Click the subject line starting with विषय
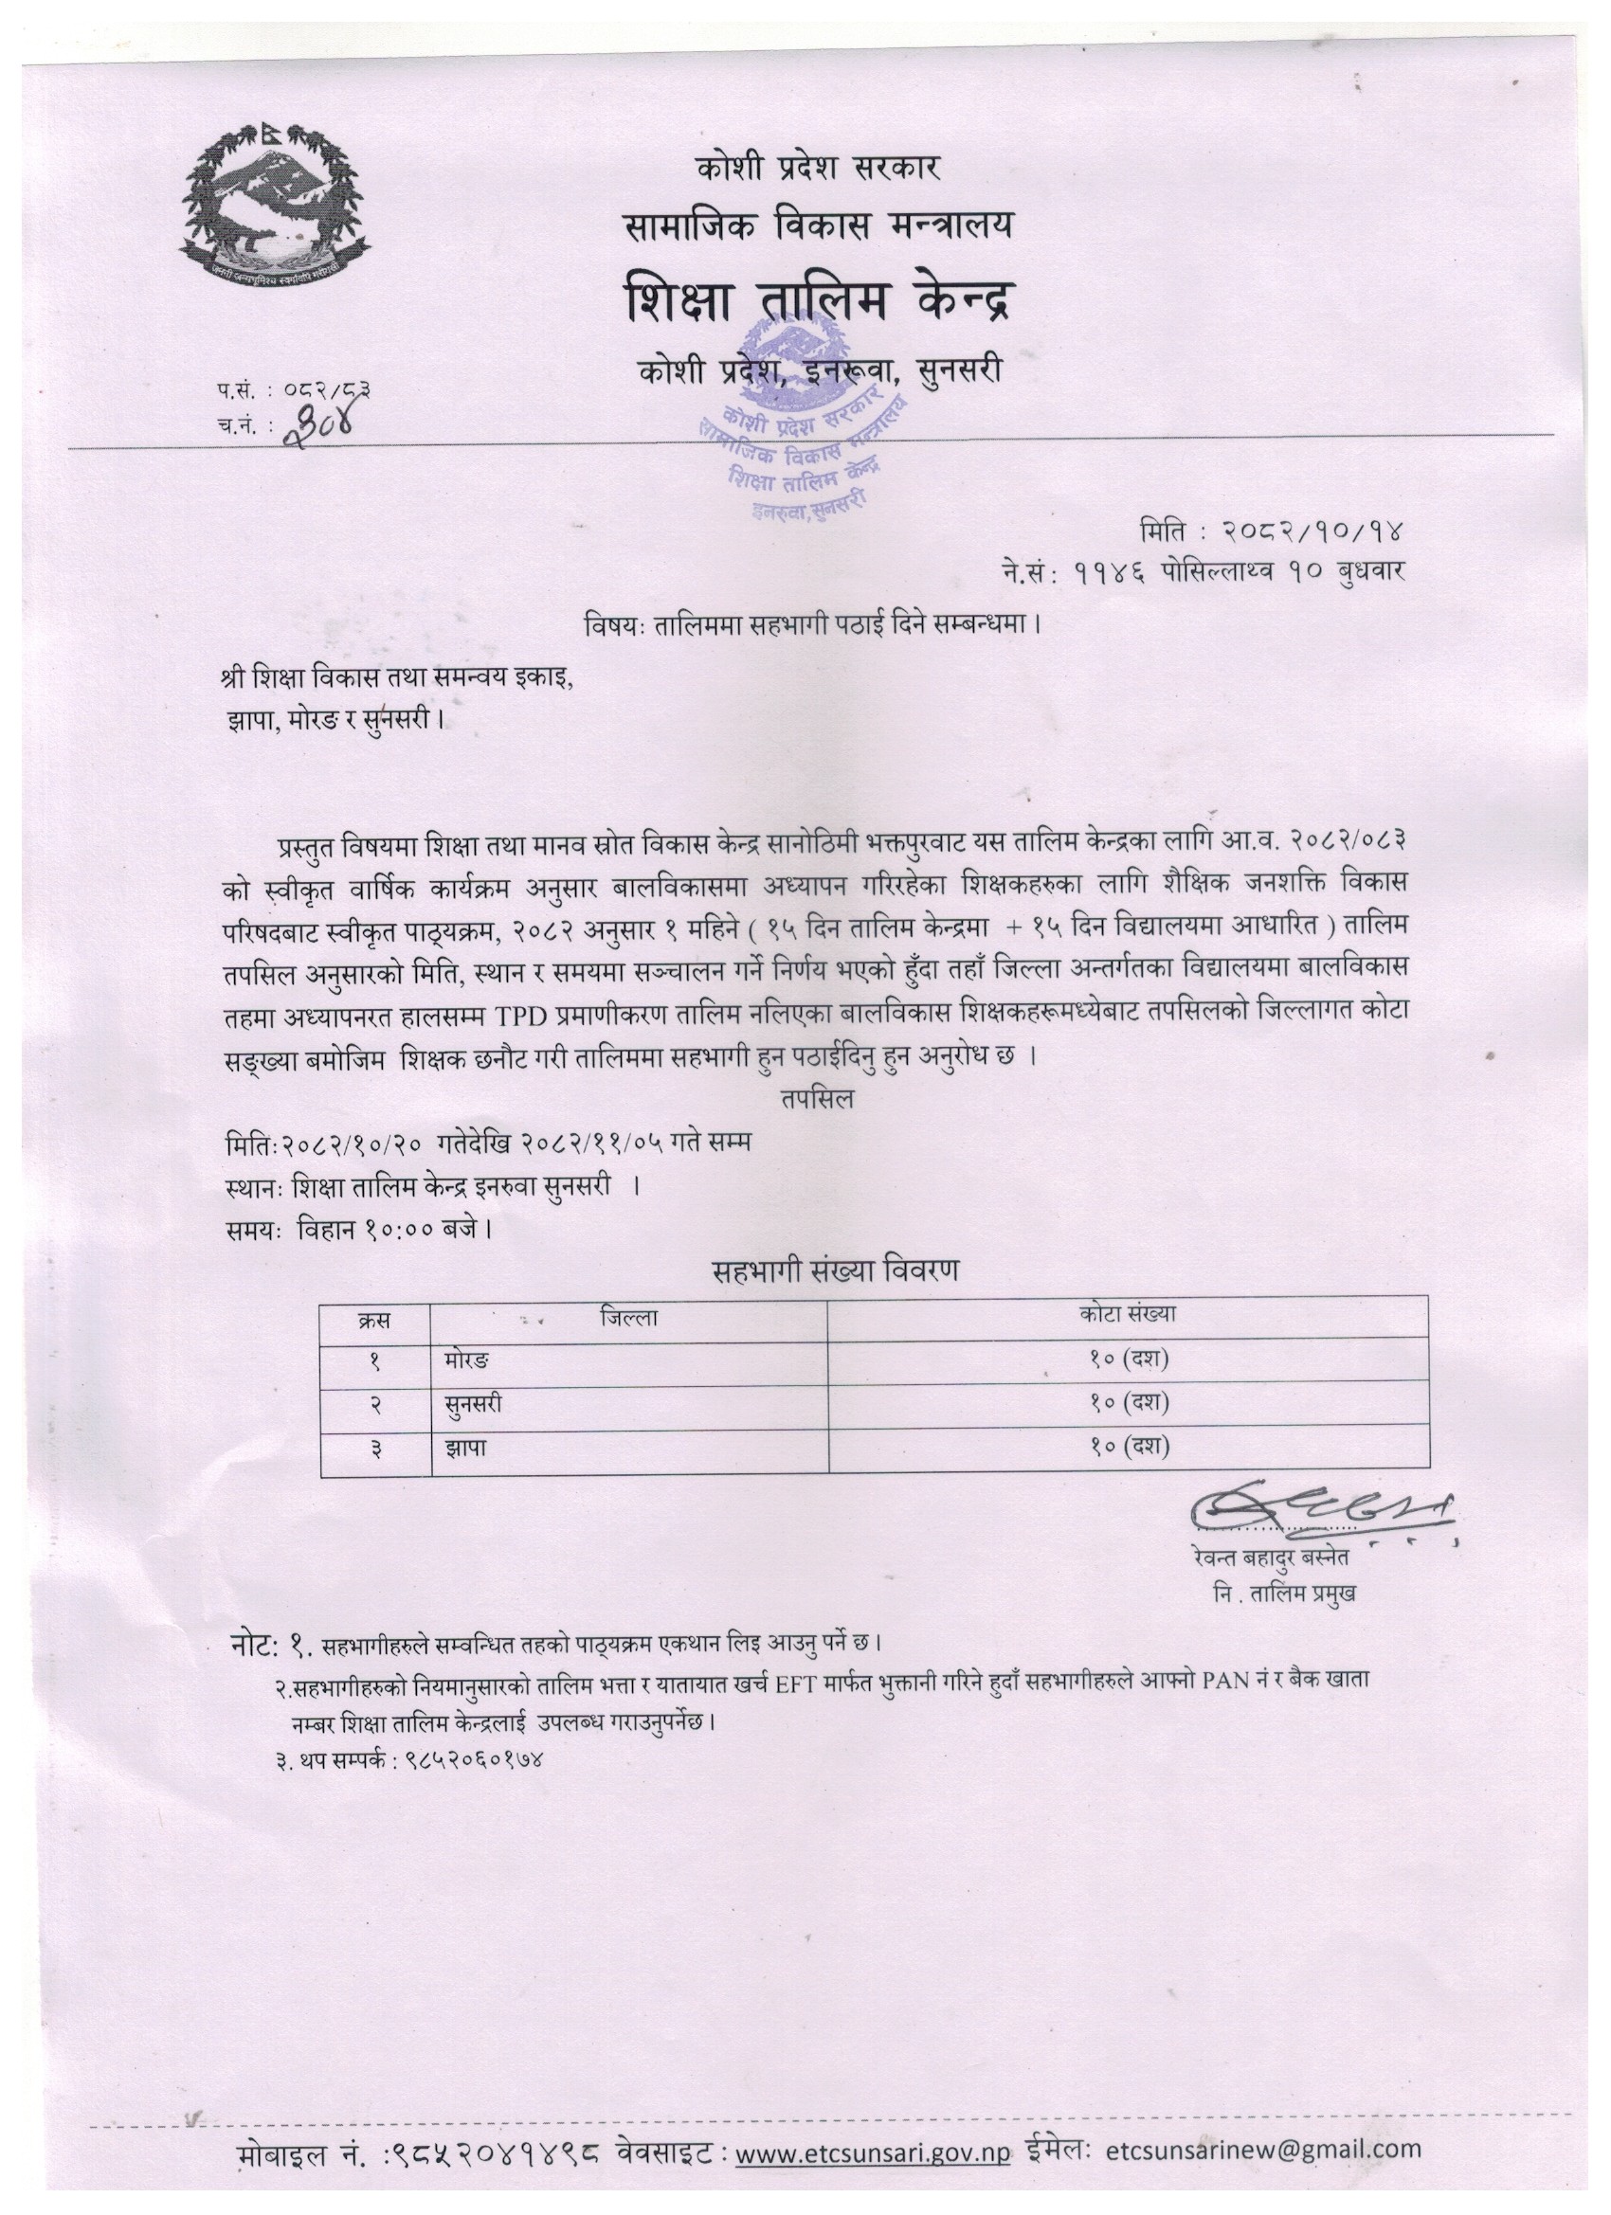(812, 623)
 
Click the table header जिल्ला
(629, 1318)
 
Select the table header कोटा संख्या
(1128, 1315)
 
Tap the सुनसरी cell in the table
(473, 1404)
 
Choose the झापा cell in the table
(464, 1448)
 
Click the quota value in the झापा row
(1130, 1447)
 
